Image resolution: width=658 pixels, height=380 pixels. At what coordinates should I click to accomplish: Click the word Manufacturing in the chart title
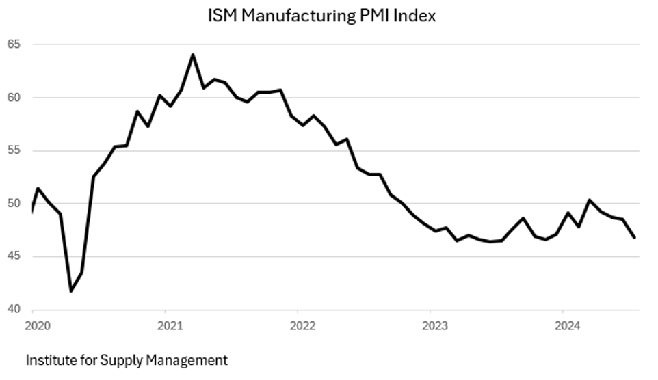click(296, 16)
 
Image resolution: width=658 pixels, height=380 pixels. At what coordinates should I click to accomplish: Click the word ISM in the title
click(221, 16)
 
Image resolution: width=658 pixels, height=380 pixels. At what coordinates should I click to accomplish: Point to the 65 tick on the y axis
click(14, 44)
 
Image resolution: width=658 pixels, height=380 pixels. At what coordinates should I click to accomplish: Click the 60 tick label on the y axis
click(14, 98)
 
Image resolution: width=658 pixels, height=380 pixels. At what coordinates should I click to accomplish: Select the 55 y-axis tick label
click(14, 150)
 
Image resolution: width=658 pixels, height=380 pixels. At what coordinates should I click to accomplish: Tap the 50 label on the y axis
click(14, 204)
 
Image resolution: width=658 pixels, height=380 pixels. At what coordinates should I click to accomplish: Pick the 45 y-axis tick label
click(14, 256)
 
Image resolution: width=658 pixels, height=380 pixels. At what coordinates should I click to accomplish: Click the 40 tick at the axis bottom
click(14, 310)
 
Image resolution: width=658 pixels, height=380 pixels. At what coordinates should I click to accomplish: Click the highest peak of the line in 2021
click(192, 55)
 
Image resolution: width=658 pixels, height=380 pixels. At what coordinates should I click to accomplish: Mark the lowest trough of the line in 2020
click(71, 291)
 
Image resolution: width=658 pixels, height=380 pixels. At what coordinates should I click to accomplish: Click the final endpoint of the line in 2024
click(635, 238)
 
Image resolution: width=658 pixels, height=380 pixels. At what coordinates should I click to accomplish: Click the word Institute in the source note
click(49, 359)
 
